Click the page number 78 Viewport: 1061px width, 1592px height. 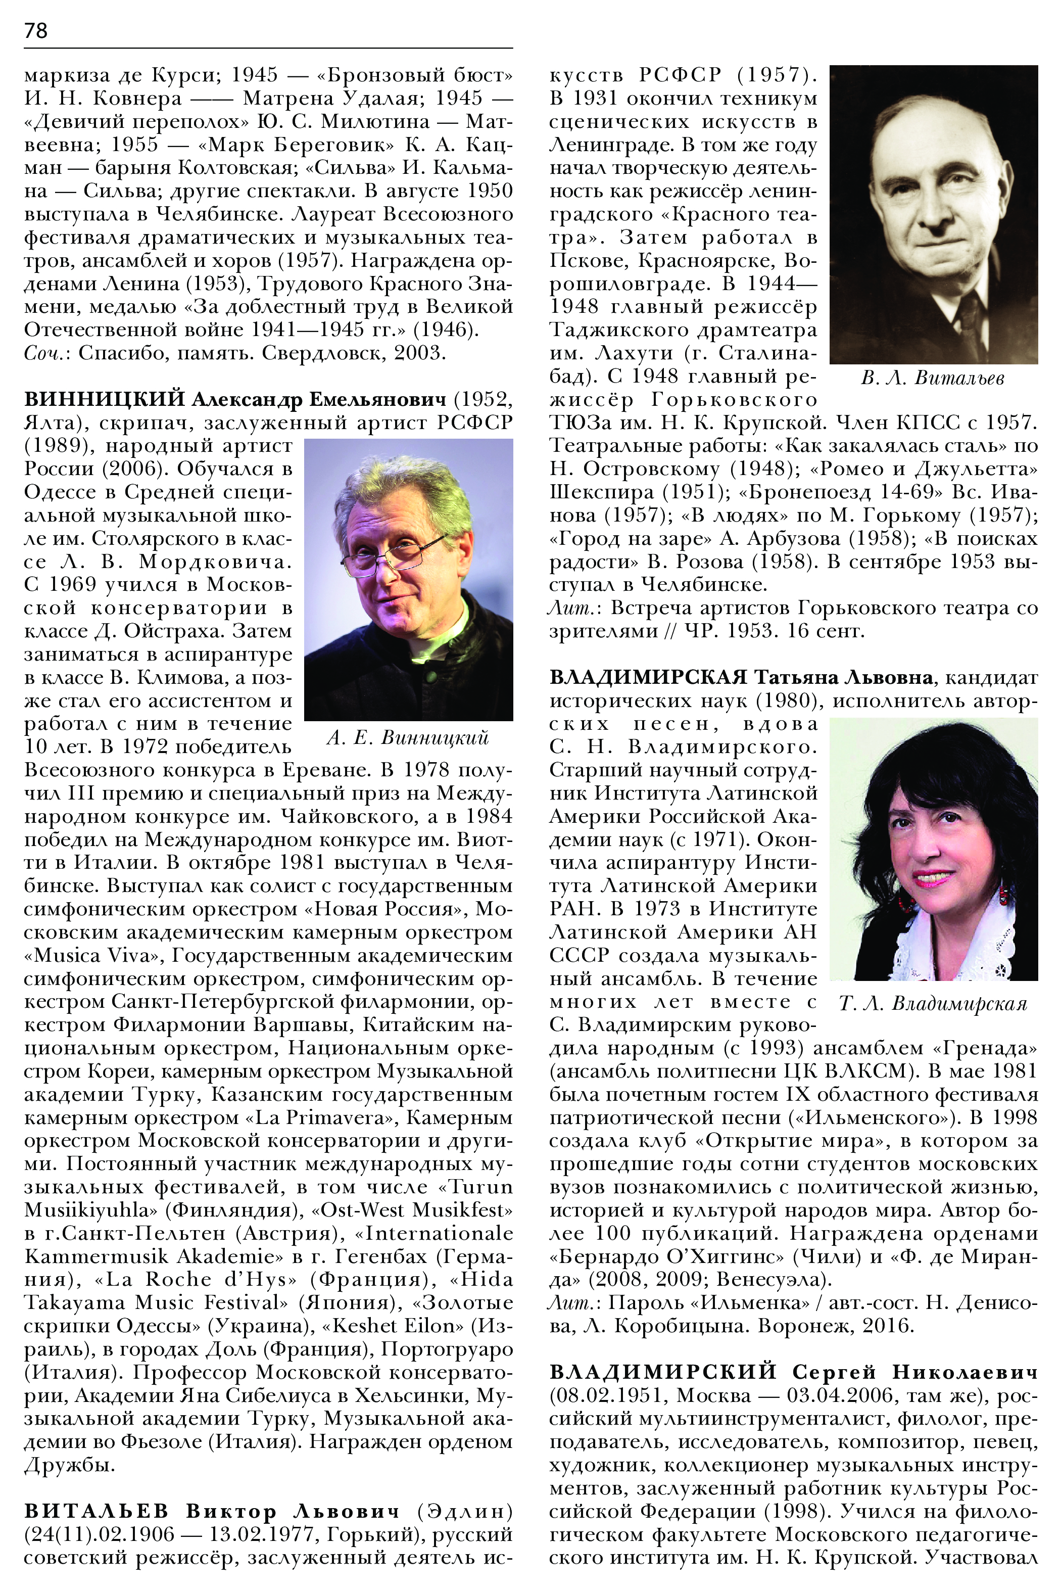click(36, 30)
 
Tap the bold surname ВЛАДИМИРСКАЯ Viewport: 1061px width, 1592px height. click(648, 677)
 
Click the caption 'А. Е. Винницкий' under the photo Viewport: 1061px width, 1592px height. click(407, 738)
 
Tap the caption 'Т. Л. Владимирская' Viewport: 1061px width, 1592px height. click(933, 1003)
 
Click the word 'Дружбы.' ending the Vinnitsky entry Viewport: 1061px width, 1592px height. click(70, 1465)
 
